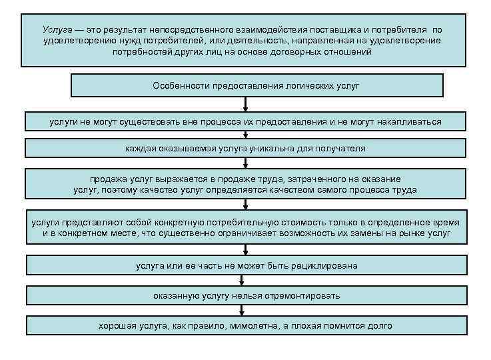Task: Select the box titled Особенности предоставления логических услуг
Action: point(256,85)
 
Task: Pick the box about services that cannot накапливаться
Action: point(246,122)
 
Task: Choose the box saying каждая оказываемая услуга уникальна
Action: point(246,148)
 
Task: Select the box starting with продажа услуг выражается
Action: point(246,184)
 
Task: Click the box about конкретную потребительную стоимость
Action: point(246,227)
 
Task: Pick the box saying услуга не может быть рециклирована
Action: point(246,265)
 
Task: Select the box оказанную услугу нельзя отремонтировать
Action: point(246,295)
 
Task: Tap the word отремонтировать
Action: point(304,295)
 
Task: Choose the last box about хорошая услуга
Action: point(246,325)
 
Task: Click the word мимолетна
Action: point(276,325)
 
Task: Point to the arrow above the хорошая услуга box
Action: point(246,311)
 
